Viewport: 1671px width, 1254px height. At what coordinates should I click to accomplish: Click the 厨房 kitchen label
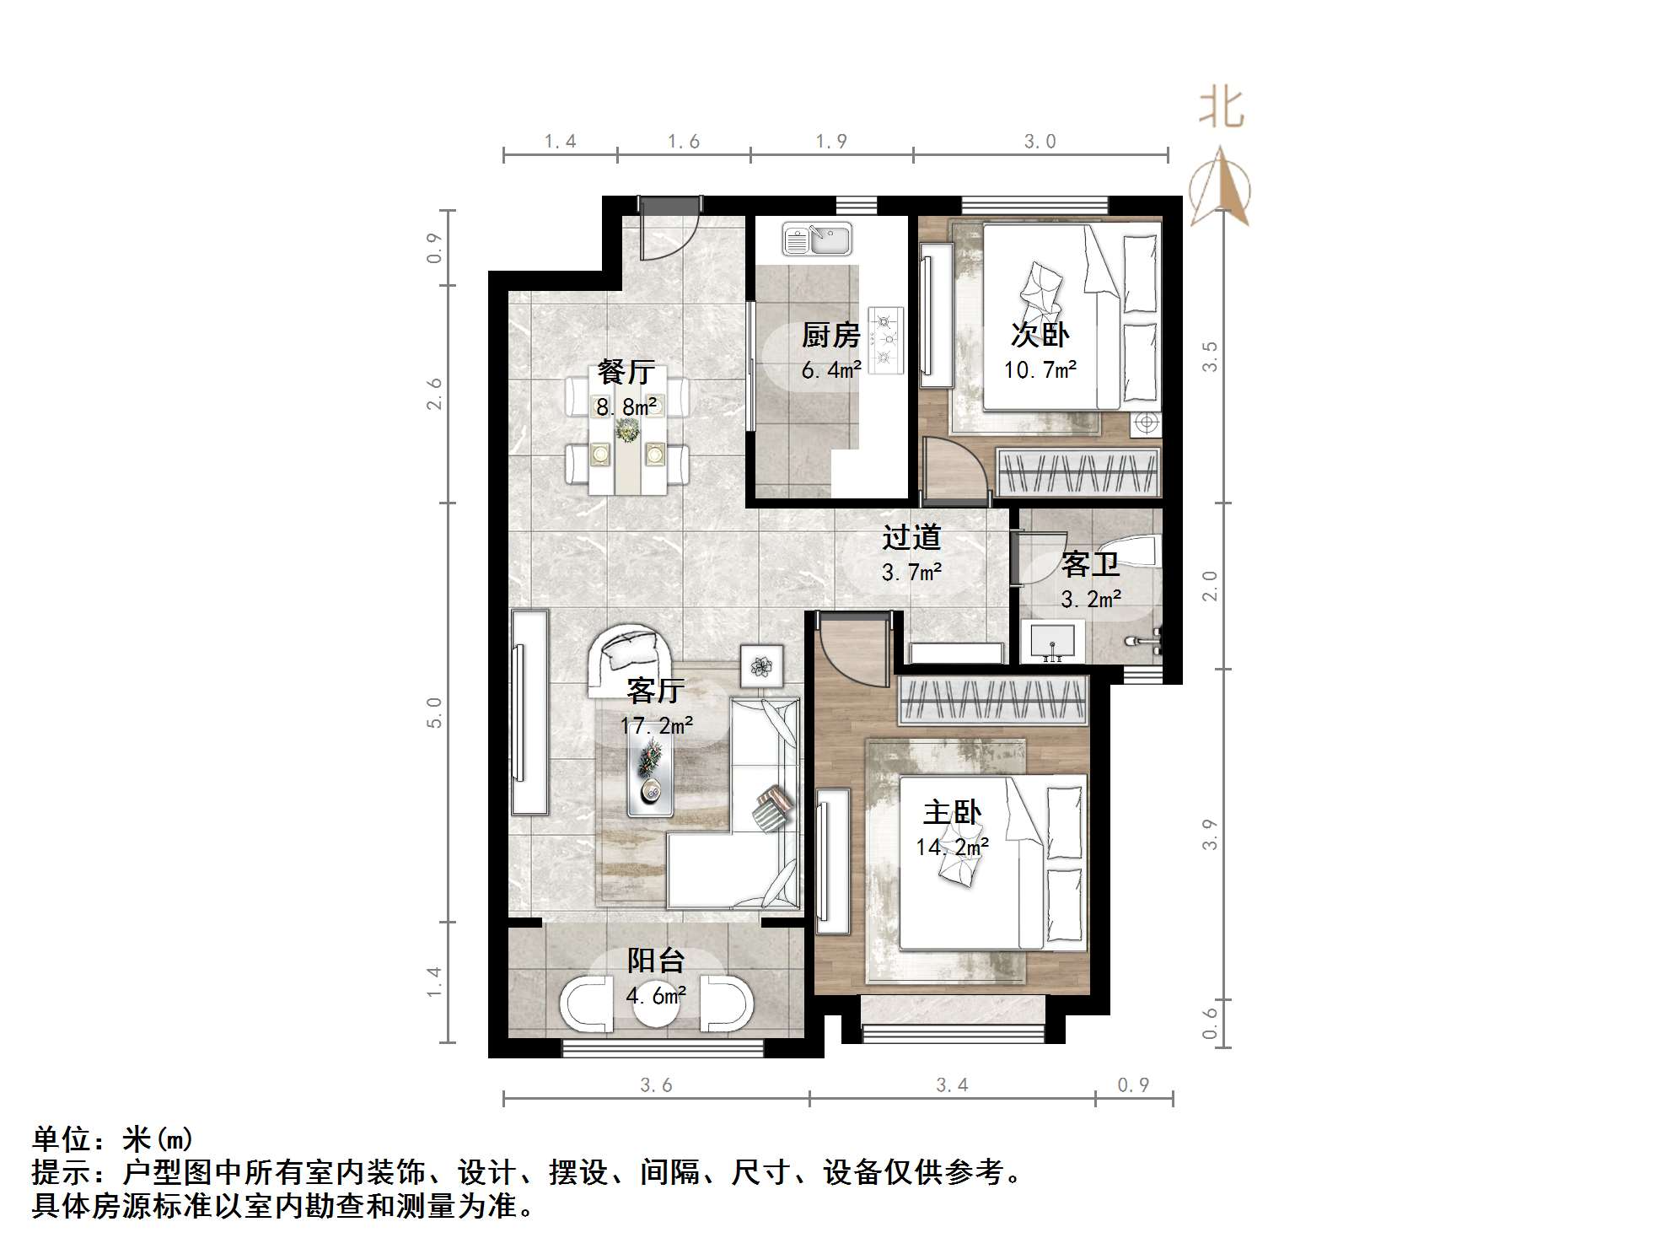point(830,336)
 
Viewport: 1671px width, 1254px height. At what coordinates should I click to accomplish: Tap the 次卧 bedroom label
point(1040,335)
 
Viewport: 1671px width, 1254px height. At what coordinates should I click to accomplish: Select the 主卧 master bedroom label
point(952,813)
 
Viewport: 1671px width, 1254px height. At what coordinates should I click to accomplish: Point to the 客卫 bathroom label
point(1089,565)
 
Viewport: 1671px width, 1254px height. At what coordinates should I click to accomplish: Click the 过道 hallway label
point(911,537)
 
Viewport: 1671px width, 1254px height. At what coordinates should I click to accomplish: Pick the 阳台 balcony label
point(655,961)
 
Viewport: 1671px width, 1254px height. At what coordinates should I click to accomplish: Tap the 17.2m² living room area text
point(657,725)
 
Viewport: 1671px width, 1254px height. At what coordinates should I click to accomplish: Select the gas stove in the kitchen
point(886,340)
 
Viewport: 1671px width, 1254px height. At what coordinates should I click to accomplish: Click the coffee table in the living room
point(650,778)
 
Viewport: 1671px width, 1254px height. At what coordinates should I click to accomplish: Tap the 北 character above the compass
point(1222,109)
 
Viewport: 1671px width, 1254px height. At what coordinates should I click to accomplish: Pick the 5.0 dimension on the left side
point(434,713)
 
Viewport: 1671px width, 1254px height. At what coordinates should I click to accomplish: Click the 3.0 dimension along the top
point(1040,142)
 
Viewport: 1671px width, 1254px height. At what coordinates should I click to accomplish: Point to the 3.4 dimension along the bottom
point(952,1085)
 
